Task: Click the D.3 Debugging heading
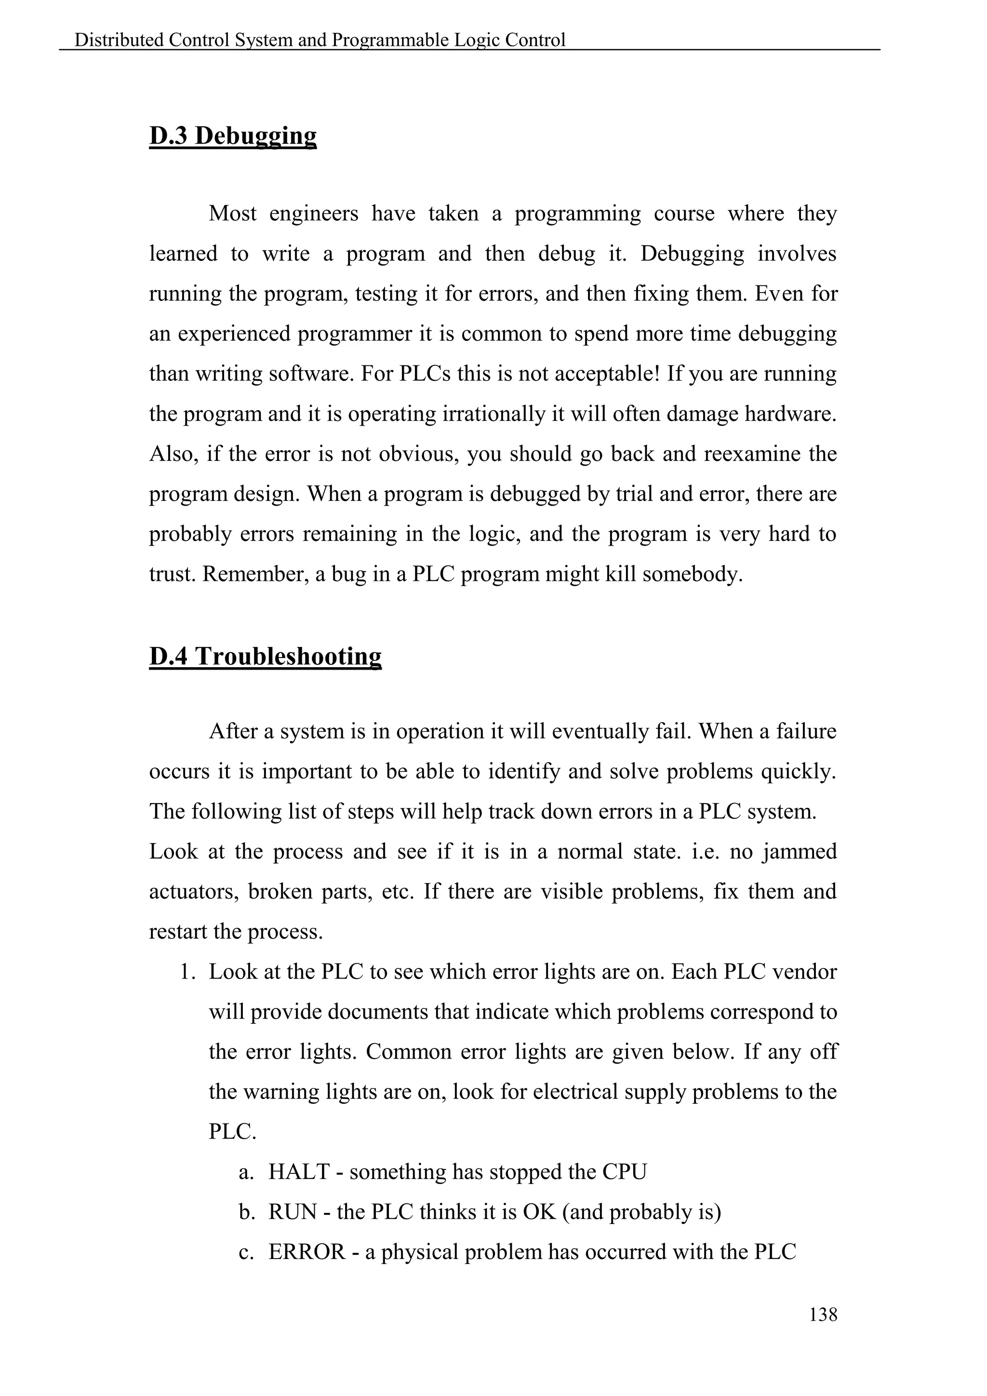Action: point(233,135)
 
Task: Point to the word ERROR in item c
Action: point(307,1251)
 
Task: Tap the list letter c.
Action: point(245,1252)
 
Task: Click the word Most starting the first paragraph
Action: point(232,214)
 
